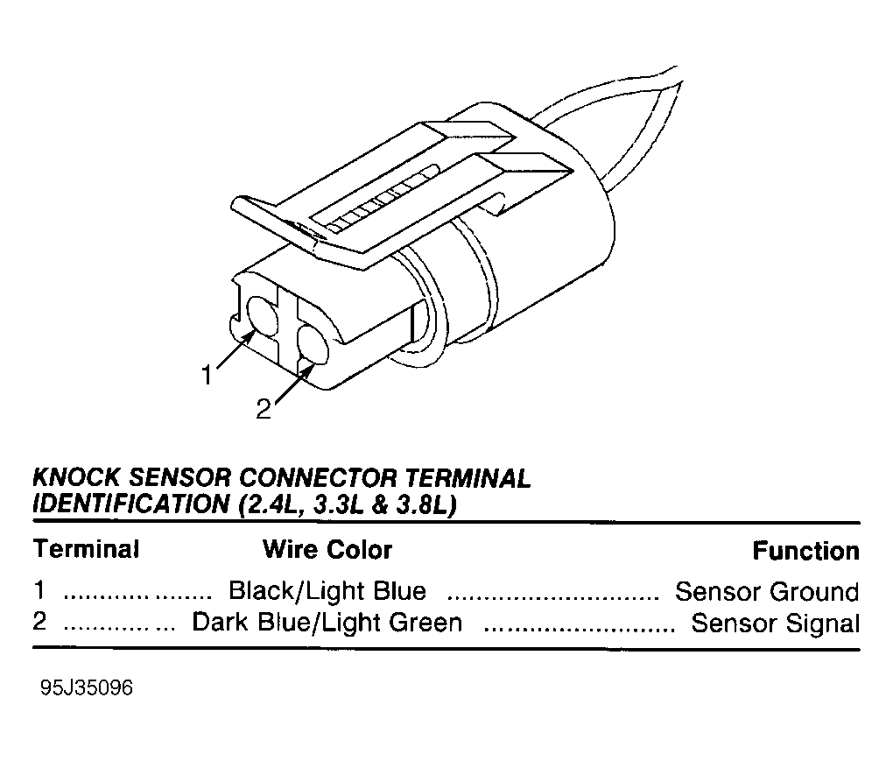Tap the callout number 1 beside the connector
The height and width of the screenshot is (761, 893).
207,376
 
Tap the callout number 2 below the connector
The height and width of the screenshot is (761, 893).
264,409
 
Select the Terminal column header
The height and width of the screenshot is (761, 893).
87,549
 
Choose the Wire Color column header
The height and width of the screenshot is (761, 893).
327,550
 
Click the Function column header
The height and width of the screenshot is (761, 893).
805,551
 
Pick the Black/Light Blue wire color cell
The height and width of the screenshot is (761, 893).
327,591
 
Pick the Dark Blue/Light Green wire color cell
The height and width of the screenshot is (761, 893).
327,622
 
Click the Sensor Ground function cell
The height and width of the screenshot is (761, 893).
767,592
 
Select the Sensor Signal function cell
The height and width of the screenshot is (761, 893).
775,623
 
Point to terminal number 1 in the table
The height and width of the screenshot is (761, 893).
39,590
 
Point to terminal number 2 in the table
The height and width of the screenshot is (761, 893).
39,621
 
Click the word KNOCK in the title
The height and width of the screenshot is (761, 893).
76,478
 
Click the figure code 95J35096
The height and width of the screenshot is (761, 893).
87,688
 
